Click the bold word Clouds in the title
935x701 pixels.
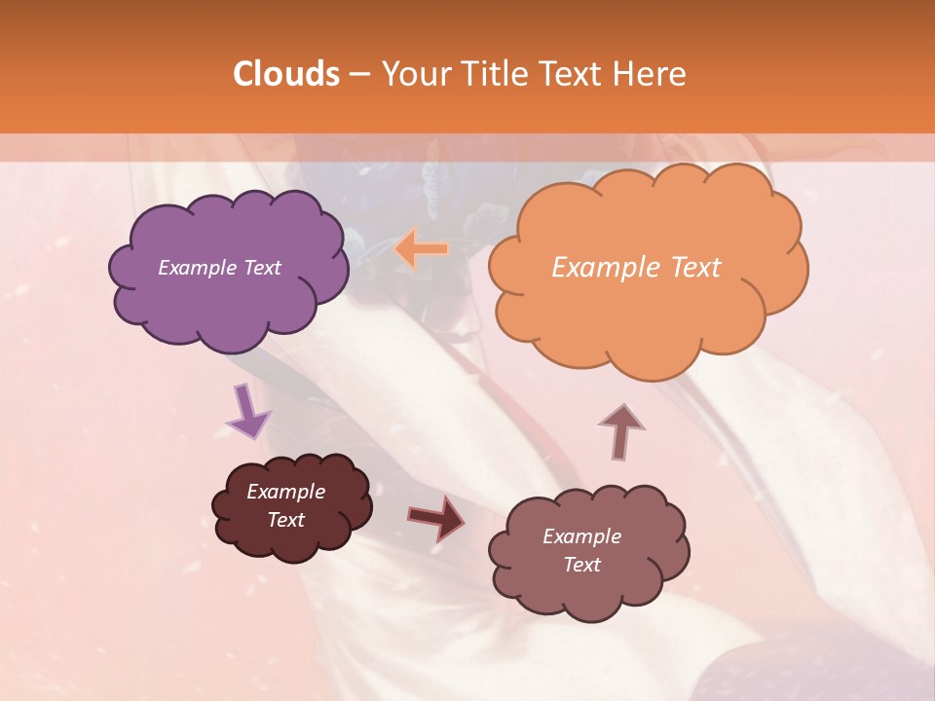coord(285,74)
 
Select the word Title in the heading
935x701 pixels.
coord(496,74)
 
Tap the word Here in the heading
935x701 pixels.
coord(651,74)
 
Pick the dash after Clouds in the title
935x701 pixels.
coord(359,74)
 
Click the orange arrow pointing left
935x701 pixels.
coord(422,249)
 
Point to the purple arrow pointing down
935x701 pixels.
coord(247,411)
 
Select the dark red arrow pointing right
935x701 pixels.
coord(436,517)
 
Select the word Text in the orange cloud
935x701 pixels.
coord(695,268)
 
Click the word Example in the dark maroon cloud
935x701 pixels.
coord(285,492)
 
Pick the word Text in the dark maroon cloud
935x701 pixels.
coord(285,520)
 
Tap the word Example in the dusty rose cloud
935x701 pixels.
coord(581,536)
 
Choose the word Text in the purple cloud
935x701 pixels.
coord(262,268)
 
